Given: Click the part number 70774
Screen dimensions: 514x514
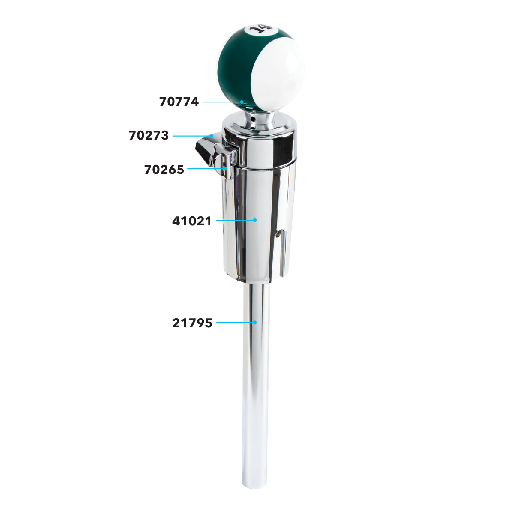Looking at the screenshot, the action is coord(179,102).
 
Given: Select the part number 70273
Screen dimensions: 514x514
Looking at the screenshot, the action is coord(149,135).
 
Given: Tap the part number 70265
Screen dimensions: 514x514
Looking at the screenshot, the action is coord(164,170).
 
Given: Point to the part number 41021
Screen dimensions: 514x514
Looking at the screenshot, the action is coord(192,221).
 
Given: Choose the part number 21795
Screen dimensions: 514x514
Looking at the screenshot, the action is coord(192,323).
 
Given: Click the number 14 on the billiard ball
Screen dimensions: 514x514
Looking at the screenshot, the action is coord(261,30).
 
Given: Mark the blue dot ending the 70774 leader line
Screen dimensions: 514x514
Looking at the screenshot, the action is coord(242,102).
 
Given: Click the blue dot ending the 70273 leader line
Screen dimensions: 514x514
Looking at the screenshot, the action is coord(212,136).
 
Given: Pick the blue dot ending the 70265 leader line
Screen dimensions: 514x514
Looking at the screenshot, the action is coord(226,169).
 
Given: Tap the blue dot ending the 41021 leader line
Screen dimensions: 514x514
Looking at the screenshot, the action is coord(255,220).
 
